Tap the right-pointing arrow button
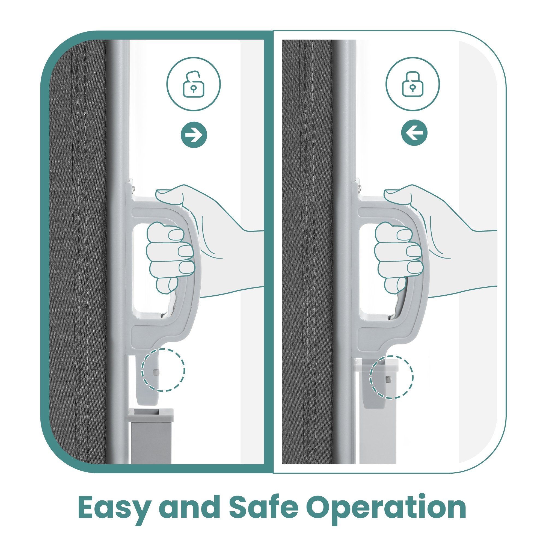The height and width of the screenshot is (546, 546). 194,134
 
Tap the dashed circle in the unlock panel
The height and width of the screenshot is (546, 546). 163,370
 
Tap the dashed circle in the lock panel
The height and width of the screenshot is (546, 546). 391,377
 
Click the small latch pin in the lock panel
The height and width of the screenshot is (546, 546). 389,379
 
